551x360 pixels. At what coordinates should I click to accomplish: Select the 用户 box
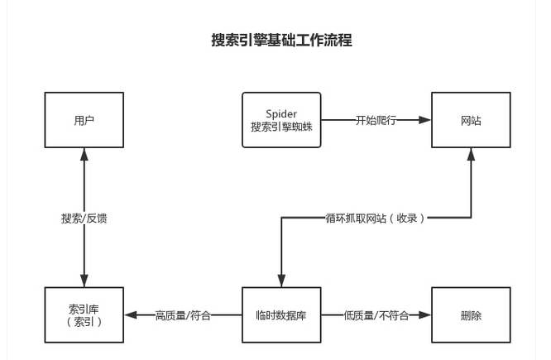coord(84,120)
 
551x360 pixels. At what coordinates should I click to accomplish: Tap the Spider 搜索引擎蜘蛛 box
coord(281,120)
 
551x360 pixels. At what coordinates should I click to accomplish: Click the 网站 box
coord(471,120)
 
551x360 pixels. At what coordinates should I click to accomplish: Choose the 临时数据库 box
coord(281,315)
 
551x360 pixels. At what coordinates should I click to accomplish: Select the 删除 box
coord(471,315)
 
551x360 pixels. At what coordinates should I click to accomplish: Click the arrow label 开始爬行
coord(376,120)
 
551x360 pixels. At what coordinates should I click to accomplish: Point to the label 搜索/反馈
coord(84,218)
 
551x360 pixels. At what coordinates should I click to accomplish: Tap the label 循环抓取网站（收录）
coord(376,218)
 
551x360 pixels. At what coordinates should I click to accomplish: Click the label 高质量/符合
coord(183,315)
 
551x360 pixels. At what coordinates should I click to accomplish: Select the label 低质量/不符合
coord(376,315)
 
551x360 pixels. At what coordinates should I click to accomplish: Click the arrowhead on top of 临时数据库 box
coord(281,281)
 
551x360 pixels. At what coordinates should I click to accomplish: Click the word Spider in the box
coord(281,113)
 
